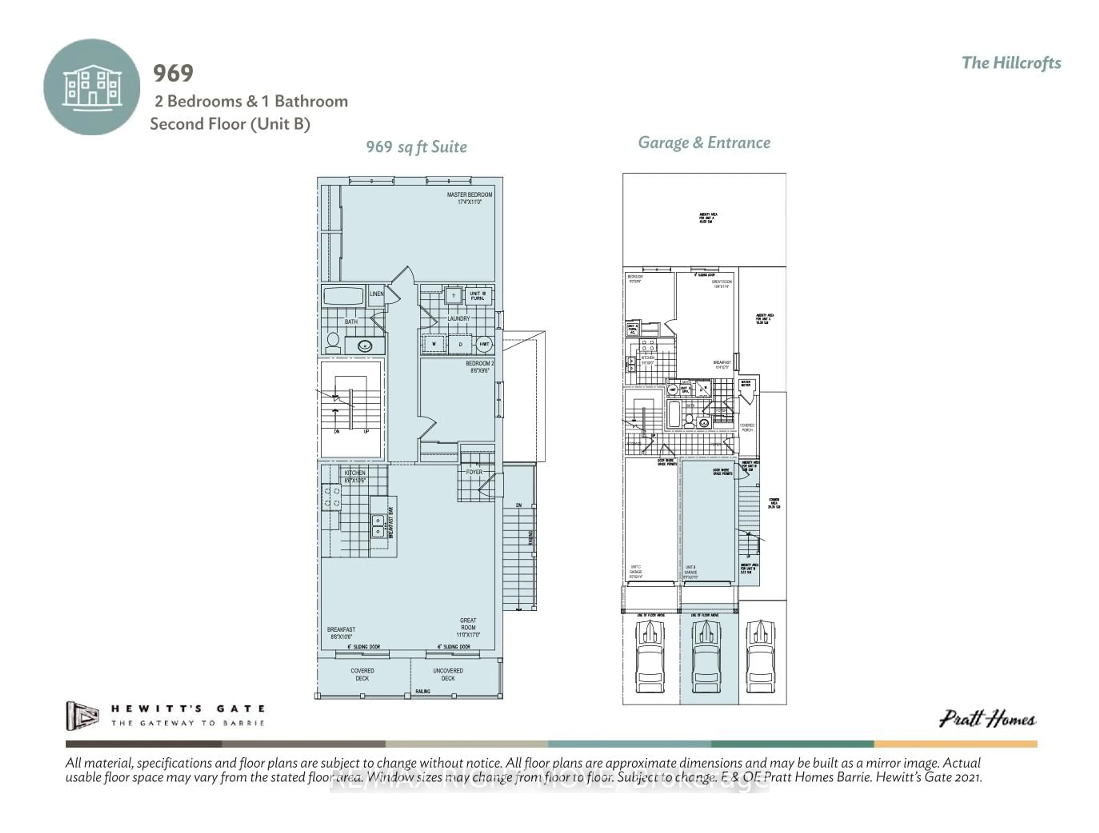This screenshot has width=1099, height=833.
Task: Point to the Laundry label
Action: (x=458, y=318)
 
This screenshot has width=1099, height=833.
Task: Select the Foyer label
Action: (x=474, y=472)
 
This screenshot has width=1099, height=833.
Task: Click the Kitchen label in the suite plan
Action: (x=355, y=476)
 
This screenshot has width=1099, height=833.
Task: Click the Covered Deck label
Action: (x=362, y=674)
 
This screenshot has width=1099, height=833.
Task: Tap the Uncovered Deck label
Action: (x=448, y=674)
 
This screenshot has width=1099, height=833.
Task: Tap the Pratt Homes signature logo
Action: (x=987, y=719)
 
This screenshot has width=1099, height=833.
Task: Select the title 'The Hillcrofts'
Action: (x=1011, y=63)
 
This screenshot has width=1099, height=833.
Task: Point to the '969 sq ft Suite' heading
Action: (x=416, y=147)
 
